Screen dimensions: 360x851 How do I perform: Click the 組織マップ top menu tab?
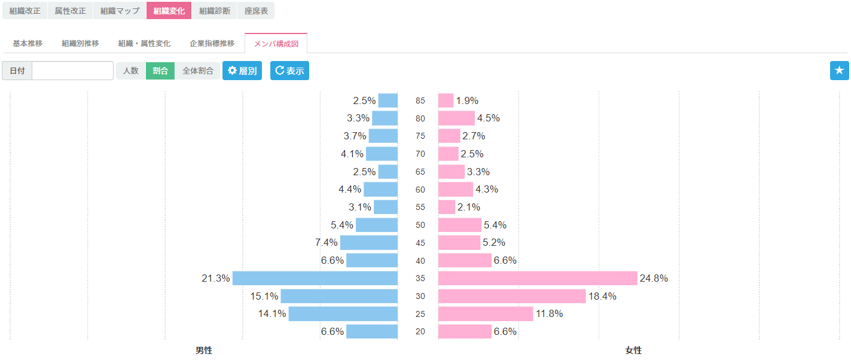[120, 11]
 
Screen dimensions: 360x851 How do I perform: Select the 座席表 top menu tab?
[256, 11]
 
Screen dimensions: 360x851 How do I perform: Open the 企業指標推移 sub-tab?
[212, 44]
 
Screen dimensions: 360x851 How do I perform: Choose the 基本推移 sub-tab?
[28, 44]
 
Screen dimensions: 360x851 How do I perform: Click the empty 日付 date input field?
[72, 71]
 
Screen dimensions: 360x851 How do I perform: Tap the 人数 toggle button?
[130, 71]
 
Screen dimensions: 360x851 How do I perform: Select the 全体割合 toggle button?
[198, 71]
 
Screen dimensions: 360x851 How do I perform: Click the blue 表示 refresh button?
[289, 71]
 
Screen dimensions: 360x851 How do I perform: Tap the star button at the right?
[839, 71]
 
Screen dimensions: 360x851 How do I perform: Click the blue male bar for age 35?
[315, 278]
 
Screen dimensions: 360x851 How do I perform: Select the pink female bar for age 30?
[512, 296]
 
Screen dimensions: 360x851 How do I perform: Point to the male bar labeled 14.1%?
[343, 314]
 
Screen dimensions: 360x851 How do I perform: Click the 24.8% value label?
[654, 278]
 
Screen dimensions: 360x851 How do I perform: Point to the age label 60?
[420, 190]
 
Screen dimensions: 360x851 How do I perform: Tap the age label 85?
[420, 100]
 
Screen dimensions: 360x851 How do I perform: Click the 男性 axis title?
[203, 350]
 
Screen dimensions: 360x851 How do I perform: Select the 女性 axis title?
[633, 350]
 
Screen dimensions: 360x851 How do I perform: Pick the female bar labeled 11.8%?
[486, 314]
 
